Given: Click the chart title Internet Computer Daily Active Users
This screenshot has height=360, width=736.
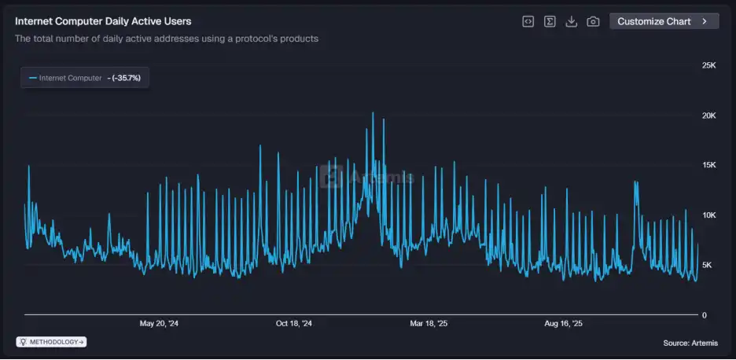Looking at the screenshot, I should coord(103,21).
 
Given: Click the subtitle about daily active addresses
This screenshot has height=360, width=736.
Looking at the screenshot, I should coord(167,39).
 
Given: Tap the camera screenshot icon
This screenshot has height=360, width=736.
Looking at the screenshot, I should coord(594,21).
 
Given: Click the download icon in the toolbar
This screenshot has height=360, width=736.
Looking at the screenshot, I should coord(572,21).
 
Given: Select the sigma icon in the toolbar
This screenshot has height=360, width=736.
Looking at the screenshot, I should coord(550,21).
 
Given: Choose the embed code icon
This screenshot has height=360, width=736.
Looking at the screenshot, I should coord(528,21).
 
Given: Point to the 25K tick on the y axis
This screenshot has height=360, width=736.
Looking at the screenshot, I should coord(708,65).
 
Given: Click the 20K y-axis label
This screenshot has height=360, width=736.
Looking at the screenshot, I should coord(708,116).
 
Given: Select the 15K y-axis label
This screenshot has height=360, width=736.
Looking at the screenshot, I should coord(708,165).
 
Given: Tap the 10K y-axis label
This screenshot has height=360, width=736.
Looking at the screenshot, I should coord(708,215).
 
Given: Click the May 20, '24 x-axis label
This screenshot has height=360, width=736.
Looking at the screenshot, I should coord(159,323).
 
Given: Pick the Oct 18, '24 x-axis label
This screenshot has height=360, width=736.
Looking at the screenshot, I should coord(294,323).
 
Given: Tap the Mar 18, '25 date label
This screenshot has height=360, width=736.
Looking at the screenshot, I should coord(429,323).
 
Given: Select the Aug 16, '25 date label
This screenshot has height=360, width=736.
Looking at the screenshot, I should coord(564,323).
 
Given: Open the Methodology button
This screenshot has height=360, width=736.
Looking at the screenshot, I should coord(52,342).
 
